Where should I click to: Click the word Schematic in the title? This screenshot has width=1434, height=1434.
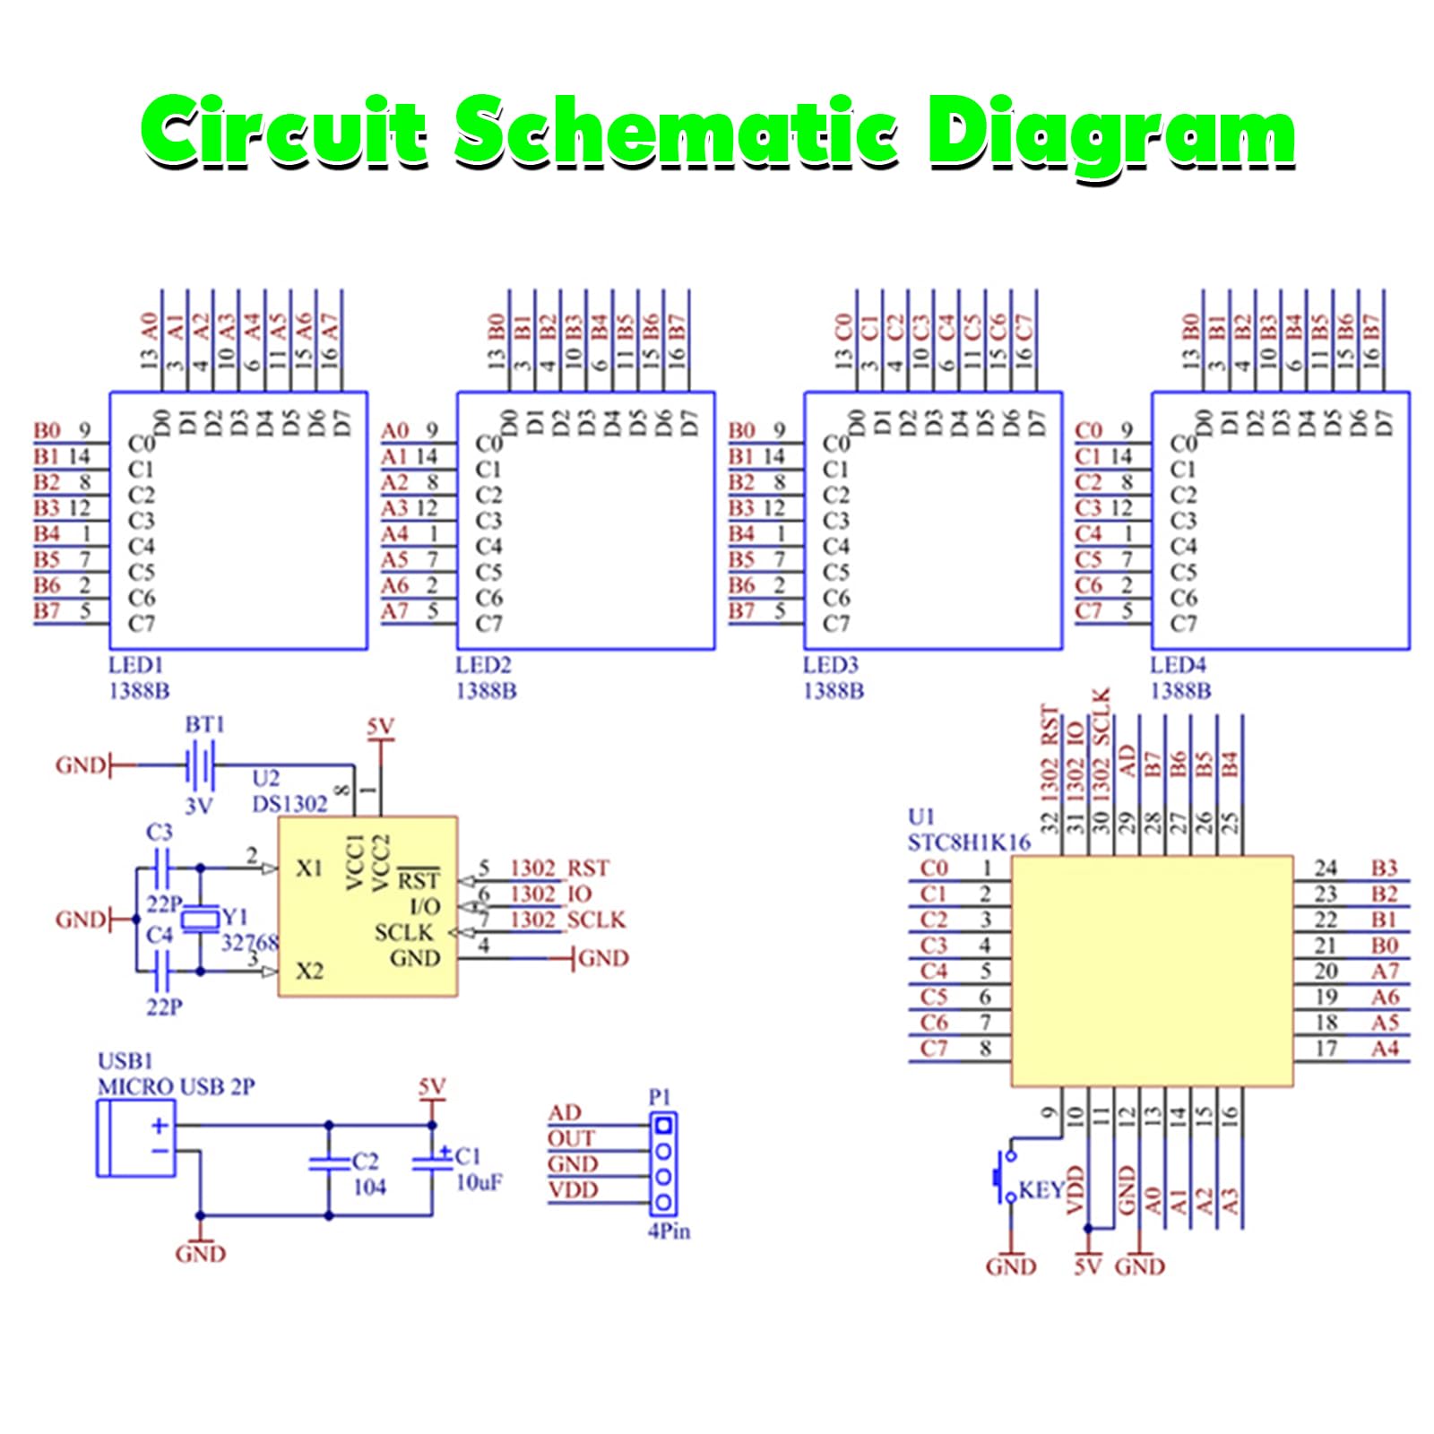677,132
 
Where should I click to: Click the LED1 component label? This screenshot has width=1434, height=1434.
135,665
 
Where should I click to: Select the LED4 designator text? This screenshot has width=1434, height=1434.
1178,665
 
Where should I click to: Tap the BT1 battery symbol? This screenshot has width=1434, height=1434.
202,765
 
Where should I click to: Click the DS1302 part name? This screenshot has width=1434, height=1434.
289,804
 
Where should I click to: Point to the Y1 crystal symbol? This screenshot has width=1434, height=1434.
200,919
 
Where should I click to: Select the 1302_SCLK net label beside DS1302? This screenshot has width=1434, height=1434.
567,920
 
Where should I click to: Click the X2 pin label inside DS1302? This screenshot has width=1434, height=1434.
309,971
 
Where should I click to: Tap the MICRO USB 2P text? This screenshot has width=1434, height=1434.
176,1086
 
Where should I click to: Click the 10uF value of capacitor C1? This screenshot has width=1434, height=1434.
479,1182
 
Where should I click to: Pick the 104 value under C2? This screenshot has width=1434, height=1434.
369,1187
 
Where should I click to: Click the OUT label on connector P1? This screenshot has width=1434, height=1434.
571,1138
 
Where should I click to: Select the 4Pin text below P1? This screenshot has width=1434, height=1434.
669,1231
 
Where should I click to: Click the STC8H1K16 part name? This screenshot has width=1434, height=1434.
969,842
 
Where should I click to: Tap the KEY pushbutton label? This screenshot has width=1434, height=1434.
1041,1190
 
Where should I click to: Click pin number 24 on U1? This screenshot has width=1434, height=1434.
1326,868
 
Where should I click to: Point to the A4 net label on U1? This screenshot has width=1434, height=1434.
1385,1048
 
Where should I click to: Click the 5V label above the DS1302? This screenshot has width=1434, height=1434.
381,726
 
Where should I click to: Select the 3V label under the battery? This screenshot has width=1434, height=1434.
199,806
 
